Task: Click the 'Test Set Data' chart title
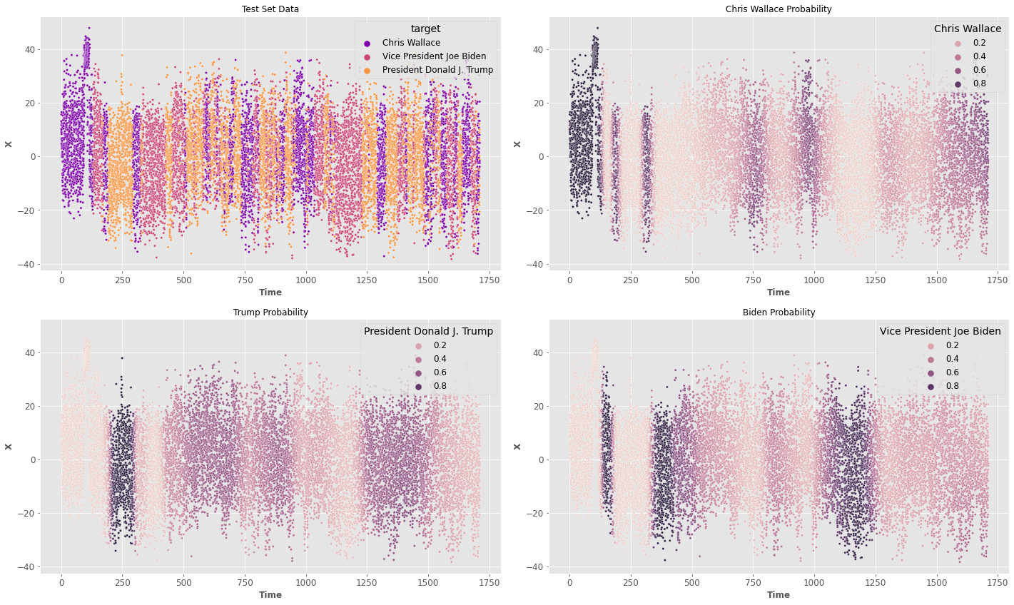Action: [x=270, y=9]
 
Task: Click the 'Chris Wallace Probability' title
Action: [x=779, y=9]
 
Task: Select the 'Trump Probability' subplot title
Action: [x=270, y=312]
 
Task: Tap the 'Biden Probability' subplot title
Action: [x=779, y=312]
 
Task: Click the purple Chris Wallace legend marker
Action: [x=367, y=43]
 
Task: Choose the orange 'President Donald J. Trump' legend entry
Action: [x=437, y=70]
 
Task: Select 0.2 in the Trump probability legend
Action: [x=441, y=345]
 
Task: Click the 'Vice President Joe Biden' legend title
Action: [x=940, y=331]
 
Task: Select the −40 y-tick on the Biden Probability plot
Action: [x=533, y=567]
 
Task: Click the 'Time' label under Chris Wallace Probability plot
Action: [x=779, y=293]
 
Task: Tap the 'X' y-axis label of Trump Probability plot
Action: [x=9, y=447]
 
